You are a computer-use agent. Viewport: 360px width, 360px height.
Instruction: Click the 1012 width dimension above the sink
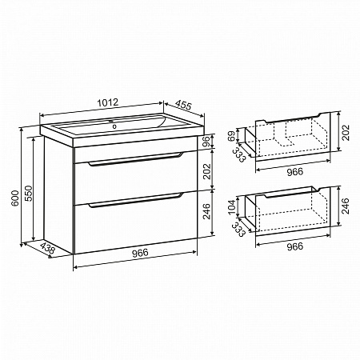pos(107,102)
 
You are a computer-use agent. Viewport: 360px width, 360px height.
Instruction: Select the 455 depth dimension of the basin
pos(183,105)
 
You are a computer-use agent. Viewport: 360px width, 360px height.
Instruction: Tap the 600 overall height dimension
pos(15,198)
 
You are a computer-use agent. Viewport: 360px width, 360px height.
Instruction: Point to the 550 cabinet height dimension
pos(28,194)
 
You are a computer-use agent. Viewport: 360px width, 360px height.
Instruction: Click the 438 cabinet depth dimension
pos(48,248)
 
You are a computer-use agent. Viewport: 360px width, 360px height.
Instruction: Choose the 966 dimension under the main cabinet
pos(140,253)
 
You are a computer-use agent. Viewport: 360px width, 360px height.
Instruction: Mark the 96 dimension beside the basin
pos(206,142)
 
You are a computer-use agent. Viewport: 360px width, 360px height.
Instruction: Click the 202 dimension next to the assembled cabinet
pos(206,171)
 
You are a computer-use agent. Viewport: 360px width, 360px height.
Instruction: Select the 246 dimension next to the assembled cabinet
pos(206,211)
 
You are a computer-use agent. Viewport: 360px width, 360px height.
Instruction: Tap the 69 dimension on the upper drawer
pos(231,136)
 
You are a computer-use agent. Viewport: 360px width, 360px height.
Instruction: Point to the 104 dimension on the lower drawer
pos(232,207)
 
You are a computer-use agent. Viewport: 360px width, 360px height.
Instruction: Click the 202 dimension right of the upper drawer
pos(346,133)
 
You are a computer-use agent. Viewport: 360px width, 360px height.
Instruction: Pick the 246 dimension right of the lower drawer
pos(346,206)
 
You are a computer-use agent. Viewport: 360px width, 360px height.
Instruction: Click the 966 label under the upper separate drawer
pos(295,172)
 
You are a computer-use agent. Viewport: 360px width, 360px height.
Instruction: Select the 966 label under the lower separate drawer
pos(295,246)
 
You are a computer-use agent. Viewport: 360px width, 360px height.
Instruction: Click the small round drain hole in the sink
pos(114,126)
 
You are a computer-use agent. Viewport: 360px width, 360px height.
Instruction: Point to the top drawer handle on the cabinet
pos(136,159)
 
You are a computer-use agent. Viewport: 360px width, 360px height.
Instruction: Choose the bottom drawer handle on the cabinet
pos(136,200)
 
